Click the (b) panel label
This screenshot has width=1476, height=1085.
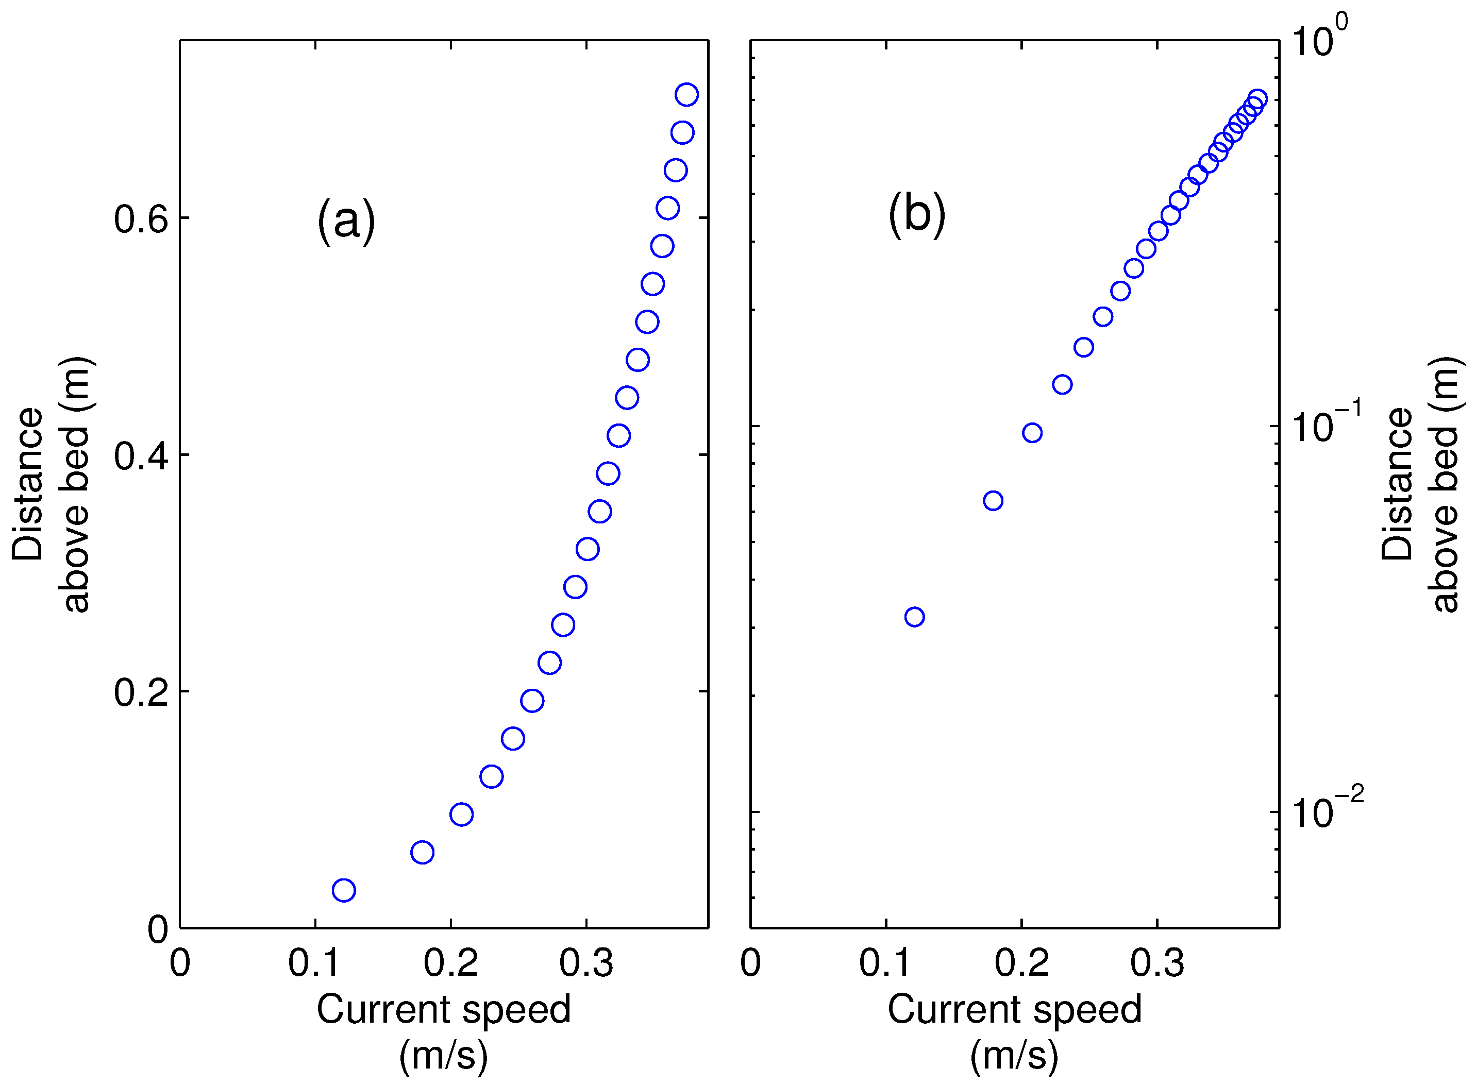[x=916, y=214]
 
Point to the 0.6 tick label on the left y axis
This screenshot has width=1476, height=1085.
[x=141, y=219]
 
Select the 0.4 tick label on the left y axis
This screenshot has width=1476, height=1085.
[x=141, y=455]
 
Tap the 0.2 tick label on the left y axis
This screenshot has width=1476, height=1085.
[x=141, y=691]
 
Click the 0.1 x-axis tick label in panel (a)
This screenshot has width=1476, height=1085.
[x=315, y=963]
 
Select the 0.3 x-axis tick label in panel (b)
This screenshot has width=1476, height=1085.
[x=1157, y=963]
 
